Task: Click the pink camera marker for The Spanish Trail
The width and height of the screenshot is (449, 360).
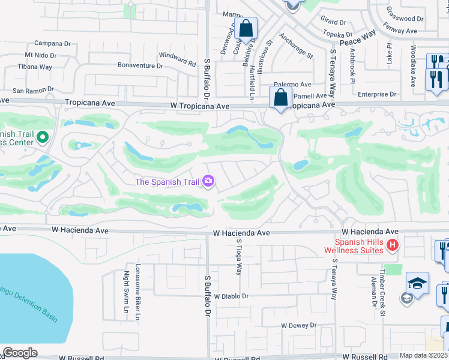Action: (209, 180)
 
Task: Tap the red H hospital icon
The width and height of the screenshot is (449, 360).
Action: (393, 245)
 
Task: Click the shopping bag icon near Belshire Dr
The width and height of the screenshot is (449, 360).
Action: (246, 28)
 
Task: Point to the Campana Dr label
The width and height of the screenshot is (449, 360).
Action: (53, 43)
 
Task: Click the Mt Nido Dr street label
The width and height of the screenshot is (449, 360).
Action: (40, 55)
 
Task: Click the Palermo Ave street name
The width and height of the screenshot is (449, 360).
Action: (293, 85)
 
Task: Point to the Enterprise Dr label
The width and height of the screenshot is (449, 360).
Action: (377, 94)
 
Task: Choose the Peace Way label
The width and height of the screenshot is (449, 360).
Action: (358, 41)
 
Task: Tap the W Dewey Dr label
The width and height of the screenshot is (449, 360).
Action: (298, 325)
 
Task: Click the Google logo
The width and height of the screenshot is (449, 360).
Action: (20, 353)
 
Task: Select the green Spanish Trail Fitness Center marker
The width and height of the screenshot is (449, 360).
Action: (42, 138)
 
